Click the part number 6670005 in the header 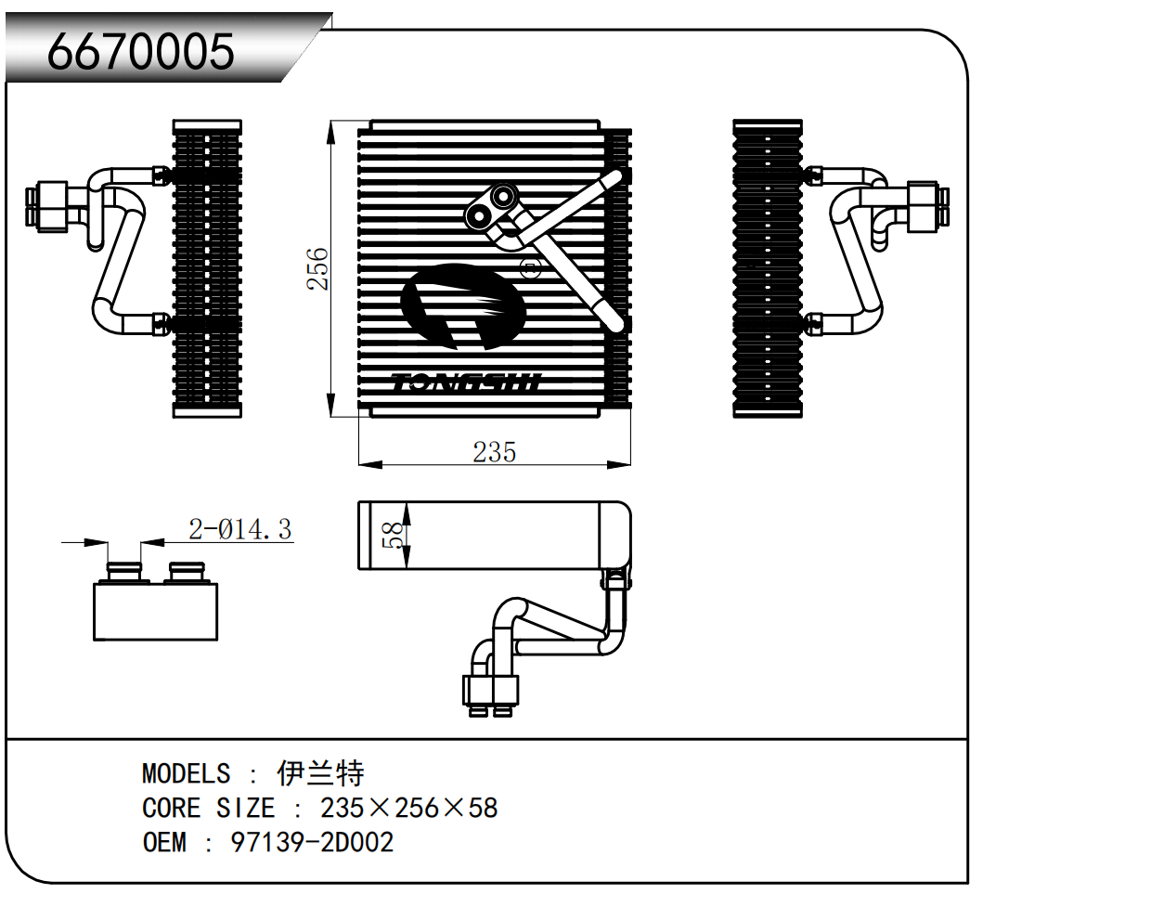[141, 52]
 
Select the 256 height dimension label [317, 268]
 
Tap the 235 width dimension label [494, 452]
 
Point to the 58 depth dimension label [394, 535]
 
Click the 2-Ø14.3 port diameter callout [239, 529]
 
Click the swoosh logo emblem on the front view [461, 306]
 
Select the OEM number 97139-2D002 [312, 842]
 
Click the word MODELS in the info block [186, 773]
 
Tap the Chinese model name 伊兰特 [320, 772]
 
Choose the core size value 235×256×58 [408, 808]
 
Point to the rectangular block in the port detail [155, 612]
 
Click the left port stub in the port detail [124, 571]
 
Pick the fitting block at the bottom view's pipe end [490, 691]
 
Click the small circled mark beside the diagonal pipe [531, 270]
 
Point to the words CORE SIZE [208, 808]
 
